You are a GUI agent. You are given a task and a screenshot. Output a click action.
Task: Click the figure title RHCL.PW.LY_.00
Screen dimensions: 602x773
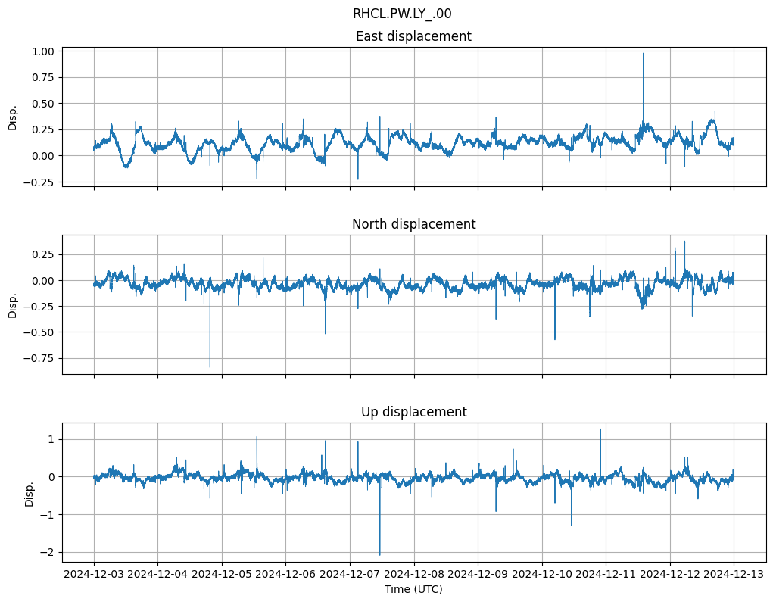coord(402,14)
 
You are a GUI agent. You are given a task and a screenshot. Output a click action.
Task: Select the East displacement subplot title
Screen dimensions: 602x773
coord(413,36)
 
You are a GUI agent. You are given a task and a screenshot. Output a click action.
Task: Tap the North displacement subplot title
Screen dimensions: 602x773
coord(413,224)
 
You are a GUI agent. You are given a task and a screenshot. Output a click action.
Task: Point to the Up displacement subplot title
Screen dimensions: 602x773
coord(413,412)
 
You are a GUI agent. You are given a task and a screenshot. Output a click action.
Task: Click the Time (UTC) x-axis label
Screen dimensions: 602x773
coord(413,588)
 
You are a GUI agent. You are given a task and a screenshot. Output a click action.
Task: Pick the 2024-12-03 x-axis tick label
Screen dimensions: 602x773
coord(94,575)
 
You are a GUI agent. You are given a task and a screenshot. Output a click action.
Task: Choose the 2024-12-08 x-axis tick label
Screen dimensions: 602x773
coord(413,575)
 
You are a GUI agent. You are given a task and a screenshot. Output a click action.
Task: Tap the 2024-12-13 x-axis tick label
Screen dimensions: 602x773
coord(733,575)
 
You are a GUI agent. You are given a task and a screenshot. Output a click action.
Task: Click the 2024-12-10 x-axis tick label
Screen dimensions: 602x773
coord(541,575)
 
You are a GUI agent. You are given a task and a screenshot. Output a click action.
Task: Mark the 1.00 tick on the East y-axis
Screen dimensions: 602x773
coord(44,51)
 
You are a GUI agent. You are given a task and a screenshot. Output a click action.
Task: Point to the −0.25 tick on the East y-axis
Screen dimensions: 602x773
coord(41,182)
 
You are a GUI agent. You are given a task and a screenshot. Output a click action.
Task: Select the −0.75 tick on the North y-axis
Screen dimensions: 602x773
coord(41,359)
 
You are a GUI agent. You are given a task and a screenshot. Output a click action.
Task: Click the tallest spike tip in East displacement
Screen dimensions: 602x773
coord(643,53)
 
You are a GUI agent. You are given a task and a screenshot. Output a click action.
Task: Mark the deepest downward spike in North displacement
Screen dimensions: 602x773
coord(210,367)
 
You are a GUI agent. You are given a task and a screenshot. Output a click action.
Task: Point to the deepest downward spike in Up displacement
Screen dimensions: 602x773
coord(380,555)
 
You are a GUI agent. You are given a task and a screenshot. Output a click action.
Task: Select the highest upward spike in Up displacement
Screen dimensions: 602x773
coord(600,429)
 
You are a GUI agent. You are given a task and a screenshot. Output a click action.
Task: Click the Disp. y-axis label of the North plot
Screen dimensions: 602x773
coord(13,305)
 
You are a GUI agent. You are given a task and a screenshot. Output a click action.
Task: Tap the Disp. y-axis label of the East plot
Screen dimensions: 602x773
coord(13,117)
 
